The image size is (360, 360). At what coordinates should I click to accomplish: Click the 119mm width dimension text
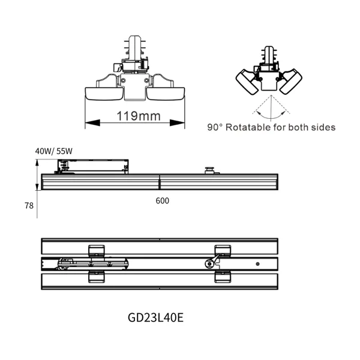(134, 116)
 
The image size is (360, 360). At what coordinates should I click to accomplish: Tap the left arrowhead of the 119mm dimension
(89, 123)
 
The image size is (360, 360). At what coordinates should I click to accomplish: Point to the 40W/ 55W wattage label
(53, 151)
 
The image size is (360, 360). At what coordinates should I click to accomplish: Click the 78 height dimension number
(29, 205)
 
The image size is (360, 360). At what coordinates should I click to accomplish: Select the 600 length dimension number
(162, 202)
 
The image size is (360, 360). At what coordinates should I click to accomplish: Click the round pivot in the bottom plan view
(208, 263)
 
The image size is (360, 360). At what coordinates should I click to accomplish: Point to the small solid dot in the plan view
(257, 263)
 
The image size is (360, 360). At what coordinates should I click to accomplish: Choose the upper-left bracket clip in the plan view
(96, 249)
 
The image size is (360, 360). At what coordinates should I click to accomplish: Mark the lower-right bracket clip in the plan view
(222, 276)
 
